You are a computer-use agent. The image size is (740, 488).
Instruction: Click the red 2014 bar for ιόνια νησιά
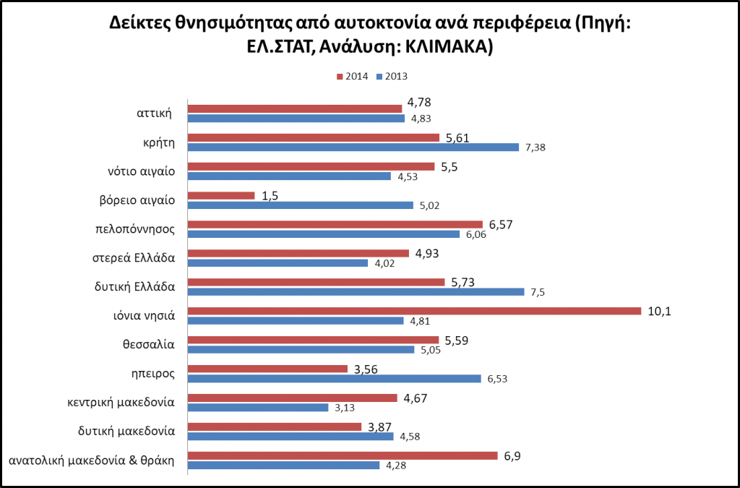(414, 311)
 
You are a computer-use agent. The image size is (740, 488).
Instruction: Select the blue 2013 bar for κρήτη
(353, 147)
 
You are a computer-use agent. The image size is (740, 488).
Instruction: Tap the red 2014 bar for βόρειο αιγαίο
(221, 195)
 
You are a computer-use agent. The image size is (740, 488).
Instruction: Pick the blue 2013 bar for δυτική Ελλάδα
(356, 292)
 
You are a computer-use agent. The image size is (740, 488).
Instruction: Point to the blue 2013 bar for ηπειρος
(334, 378)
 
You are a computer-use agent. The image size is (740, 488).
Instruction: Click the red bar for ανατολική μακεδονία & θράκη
(343, 455)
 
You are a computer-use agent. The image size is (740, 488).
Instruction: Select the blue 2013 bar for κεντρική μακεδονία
(258, 407)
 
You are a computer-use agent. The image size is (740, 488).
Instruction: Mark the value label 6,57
(501, 225)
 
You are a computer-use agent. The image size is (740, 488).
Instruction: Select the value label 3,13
(343, 408)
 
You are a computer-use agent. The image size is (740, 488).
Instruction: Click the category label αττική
(153, 113)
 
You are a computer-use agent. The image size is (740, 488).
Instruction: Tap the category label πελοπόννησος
(137, 228)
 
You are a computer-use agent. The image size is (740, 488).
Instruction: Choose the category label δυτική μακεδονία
(126, 431)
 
